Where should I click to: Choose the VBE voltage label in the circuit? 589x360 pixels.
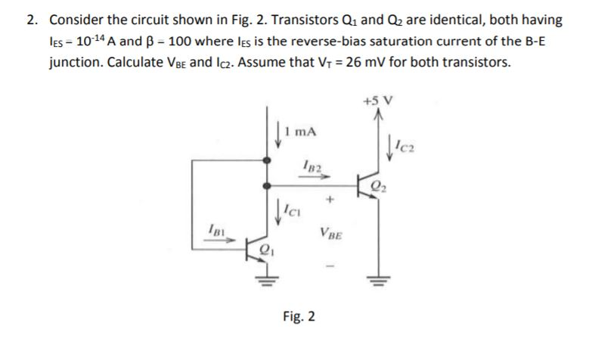pos(330,234)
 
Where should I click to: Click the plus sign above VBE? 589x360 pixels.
pos(330,201)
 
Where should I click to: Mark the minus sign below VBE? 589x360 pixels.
pos(330,266)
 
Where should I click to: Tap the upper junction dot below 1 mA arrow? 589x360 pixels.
pos(265,160)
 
